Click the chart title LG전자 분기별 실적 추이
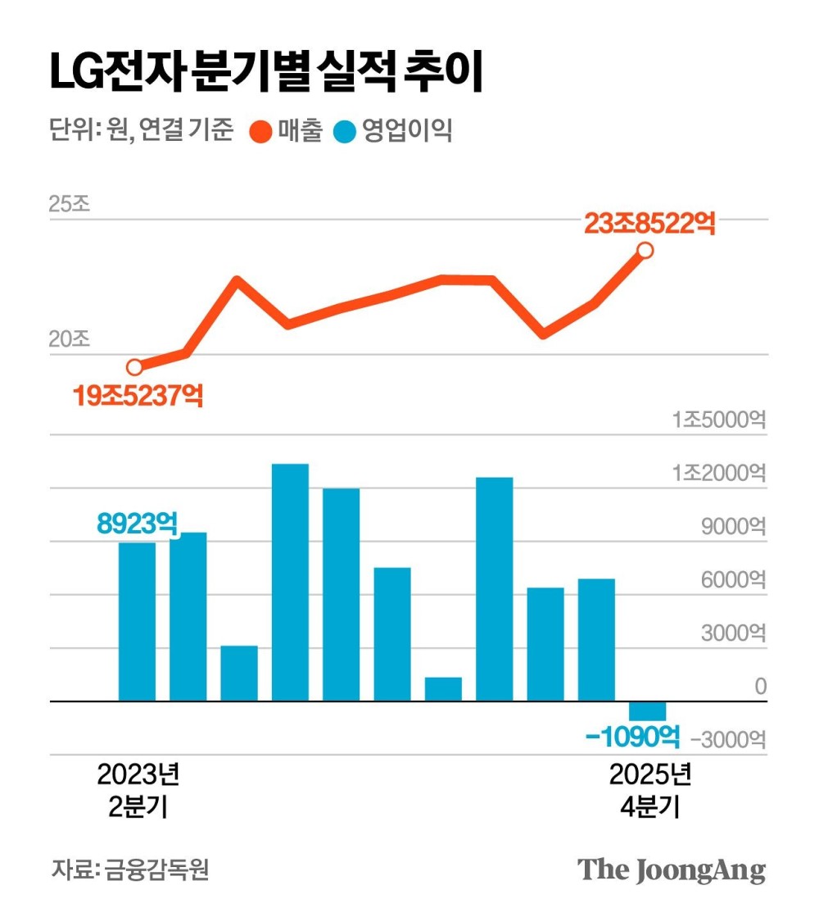(267, 73)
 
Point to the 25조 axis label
(69, 204)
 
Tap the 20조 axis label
(69, 339)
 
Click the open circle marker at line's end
(645, 250)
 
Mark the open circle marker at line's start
(135, 366)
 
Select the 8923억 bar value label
(137, 522)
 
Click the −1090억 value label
(633, 738)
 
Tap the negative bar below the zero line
(647, 710)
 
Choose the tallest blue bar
(290, 582)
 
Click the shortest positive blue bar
(443, 689)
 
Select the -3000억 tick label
(728, 740)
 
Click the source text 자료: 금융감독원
(130, 869)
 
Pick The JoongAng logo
(672, 870)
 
